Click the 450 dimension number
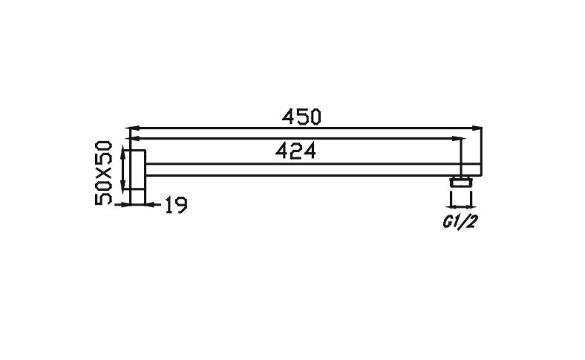301,117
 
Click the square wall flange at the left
136,177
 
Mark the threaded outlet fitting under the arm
461,181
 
